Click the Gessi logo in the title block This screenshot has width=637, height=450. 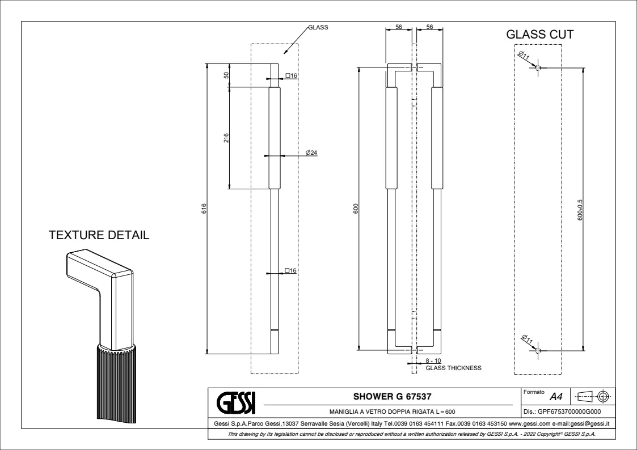(236, 402)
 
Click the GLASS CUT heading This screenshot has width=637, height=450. (540, 35)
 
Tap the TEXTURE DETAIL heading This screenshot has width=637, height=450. (99, 235)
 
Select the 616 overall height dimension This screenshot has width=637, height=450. (204, 209)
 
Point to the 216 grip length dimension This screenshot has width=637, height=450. (226, 138)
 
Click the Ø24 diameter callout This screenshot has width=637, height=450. (311, 153)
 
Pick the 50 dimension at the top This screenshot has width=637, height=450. (226, 75)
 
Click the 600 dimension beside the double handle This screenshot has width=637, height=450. (356, 209)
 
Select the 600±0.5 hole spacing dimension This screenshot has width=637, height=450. (580, 210)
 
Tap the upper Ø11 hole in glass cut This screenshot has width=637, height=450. (538, 68)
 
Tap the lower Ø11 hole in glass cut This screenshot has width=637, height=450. (538, 350)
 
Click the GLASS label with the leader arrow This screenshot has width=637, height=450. (318, 27)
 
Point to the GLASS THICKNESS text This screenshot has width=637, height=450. (453, 368)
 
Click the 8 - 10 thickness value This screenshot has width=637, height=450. (433, 360)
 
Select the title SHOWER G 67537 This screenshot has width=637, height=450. (393, 396)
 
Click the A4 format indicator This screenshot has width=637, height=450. (556, 397)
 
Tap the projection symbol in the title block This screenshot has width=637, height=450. (594, 396)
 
